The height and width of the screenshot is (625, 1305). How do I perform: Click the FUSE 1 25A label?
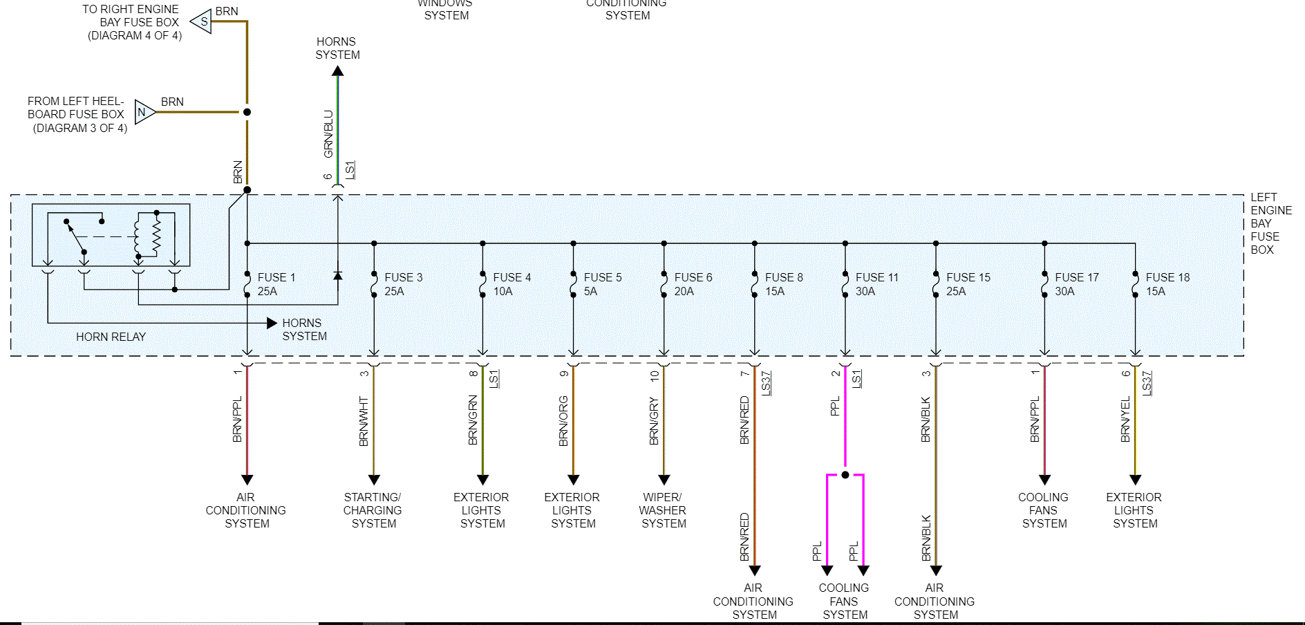click(x=276, y=284)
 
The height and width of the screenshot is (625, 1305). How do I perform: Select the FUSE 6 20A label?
click(x=693, y=284)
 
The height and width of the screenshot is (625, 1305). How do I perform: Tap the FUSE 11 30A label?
click(x=876, y=284)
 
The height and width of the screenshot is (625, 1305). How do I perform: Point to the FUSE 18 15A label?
click(x=1167, y=284)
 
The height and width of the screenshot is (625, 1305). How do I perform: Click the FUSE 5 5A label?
click(x=602, y=284)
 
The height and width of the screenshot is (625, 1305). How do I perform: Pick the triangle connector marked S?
click(x=202, y=21)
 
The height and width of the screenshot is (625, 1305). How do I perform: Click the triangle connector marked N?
click(x=143, y=112)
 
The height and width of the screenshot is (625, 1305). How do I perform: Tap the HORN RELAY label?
click(x=111, y=337)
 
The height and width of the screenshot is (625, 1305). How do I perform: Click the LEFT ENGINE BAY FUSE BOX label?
click(x=1270, y=223)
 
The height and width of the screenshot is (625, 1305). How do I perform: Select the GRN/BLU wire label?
click(x=328, y=133)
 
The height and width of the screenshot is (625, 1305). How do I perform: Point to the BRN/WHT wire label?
click(x=364, y=421)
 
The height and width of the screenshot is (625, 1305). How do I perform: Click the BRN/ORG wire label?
click(x=563, y=421)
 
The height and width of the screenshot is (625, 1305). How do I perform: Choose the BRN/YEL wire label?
click(x=1125, y=420)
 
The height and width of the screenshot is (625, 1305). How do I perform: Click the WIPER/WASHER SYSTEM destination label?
click(x=663, y=510)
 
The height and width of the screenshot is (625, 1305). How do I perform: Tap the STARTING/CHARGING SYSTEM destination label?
click(x=373, y=510)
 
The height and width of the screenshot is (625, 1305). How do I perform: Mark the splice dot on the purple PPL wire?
click(x=845, y=475)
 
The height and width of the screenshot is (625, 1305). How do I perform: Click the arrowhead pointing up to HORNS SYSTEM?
click(x=337, y=71)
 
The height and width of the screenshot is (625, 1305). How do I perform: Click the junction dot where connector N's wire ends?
click(x=247, y=112)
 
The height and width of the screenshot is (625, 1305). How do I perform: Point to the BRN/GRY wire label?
click(x=654, y=421)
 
